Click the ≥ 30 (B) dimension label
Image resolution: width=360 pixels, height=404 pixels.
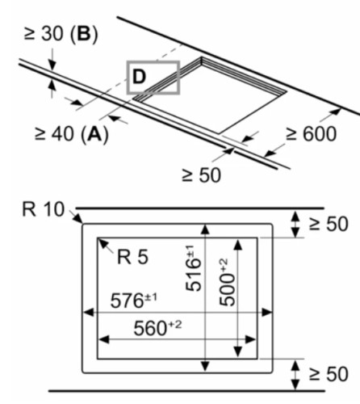pyautogui.click(x=61, y=35)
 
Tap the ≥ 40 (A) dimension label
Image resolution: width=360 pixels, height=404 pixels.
pyautogui.click(x=72, y=134)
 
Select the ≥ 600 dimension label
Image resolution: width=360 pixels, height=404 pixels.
pyautogui.click(x=311, y=133)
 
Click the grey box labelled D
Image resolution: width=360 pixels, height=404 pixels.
pyautogui.click(x=153, y=61)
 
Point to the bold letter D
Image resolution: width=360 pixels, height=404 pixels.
pyautogui.click(x=139, y=77)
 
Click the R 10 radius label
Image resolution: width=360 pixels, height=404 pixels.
pyautogui.click(x=44, y=209)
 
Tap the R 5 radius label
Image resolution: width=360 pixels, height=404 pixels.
pyautogui.click(x=132, y=257)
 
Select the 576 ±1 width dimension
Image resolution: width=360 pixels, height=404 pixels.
pyautogui.click(x=133, y=301)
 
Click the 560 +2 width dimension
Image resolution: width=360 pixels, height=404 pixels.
pyautogui.click(x=157, y=327)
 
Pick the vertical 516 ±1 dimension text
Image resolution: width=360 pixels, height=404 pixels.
pyautogui.click(x=194, y=268)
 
